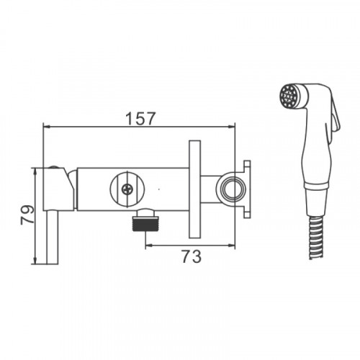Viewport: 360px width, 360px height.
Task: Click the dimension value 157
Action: click(141, 118)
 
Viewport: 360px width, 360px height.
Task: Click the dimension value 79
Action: click(27, 215)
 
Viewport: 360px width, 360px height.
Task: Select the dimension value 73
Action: click(192, 256)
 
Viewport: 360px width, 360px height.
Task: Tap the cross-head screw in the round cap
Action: click(127, 190)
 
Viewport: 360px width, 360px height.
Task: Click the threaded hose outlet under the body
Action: click(145, 220)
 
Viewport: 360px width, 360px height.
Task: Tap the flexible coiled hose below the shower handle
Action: click(316, 238)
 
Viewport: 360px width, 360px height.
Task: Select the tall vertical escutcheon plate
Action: click(194, 189)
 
